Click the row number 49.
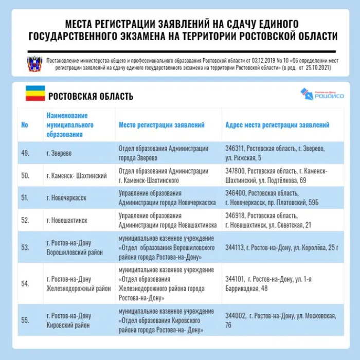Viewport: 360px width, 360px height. [x=25, y=153]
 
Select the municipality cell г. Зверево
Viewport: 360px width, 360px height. [x=59, y=153]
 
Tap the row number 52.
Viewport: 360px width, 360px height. [x=25, y=220]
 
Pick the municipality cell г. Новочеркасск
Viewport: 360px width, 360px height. [x=66, y=197]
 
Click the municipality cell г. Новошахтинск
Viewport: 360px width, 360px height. [x=67, y=220]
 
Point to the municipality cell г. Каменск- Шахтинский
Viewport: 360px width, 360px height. [x=77, y=175]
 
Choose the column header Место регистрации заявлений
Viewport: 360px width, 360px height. [x=161, y=125]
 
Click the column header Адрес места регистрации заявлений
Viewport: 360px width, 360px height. [x=277, y=125]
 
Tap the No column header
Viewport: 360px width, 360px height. [x=25, y=125]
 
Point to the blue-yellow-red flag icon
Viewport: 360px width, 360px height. [x=35, y=94]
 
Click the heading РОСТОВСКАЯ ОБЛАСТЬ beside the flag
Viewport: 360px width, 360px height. [x=91, y=96]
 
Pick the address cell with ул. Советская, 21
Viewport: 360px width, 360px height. [x=268, y=220]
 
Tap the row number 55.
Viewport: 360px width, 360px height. [x=25, y=320]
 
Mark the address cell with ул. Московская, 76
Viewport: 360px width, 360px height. [x=280, y=320]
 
